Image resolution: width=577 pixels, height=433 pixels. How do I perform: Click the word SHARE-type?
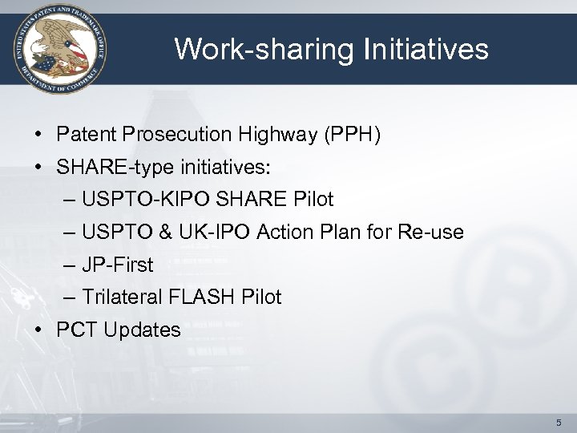(105, 168)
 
